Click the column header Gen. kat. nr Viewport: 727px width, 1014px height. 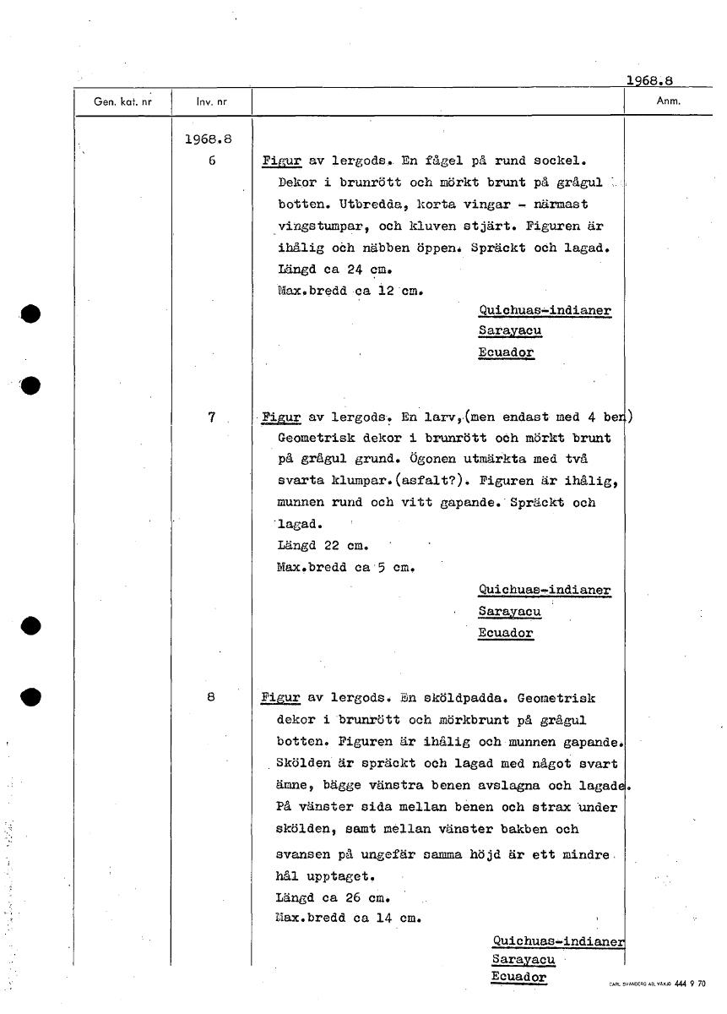122,101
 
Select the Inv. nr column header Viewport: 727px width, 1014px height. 212,101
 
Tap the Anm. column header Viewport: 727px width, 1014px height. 669,101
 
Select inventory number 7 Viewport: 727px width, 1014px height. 212,417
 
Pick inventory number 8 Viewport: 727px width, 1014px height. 211,698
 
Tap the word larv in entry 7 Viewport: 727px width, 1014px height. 440,417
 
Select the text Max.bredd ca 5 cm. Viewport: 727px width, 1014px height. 345,567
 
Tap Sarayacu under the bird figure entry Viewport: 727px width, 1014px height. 510,331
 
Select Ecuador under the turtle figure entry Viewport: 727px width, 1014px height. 518,977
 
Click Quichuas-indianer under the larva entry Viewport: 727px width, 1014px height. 545,590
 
